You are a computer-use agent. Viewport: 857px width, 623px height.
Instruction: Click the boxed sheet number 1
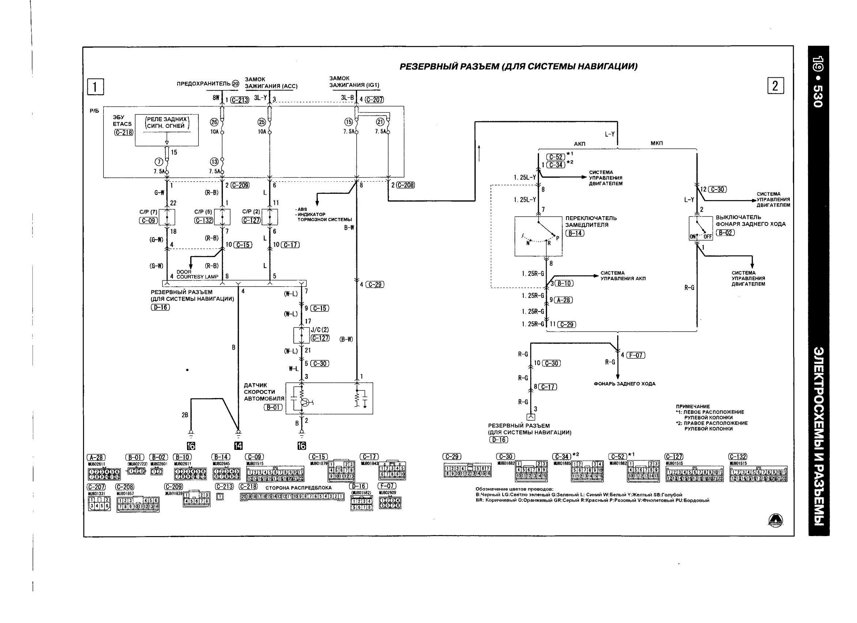click(x=95, y=87)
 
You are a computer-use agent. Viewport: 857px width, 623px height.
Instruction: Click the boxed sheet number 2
click(x=776, y=86)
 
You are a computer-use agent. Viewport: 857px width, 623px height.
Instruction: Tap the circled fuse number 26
click(x=214, y=122)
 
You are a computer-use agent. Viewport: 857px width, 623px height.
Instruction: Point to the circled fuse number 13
click(x=214, y=162)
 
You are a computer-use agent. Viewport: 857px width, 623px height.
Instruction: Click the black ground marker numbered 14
click(x=238, y=446)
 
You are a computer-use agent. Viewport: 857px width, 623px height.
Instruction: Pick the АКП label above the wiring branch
click(x=580, y=144)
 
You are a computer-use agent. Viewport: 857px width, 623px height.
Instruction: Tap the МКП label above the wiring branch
click(x=657, y=144)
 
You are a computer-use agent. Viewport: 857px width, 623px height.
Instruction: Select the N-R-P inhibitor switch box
click(x=538, y=236)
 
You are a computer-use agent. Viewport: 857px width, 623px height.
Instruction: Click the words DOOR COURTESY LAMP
click(x=197, y=275)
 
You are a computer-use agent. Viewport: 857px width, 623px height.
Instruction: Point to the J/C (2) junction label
click(x=320, y=330)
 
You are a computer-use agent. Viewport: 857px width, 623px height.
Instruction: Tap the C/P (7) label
click(x=148, y=212)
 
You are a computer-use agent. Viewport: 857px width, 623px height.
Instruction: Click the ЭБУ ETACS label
click(x=122, y=121)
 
